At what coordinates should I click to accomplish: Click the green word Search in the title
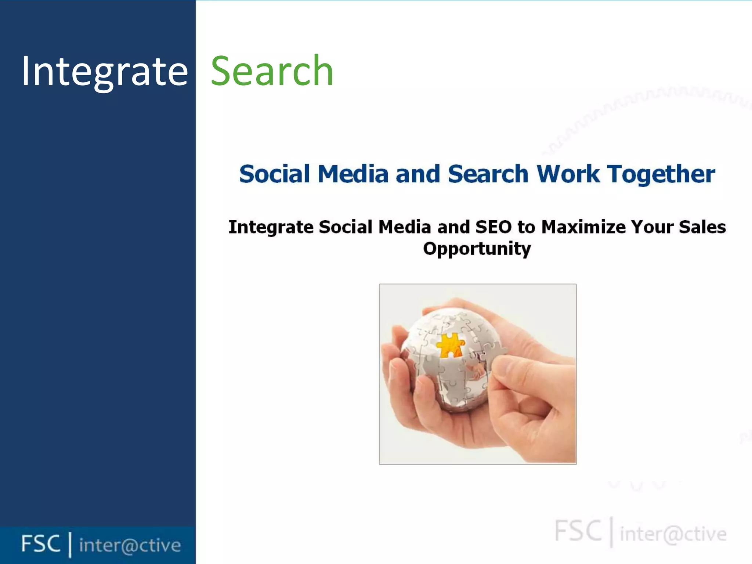tap(272, 71)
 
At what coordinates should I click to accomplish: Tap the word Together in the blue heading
tap(661, 174)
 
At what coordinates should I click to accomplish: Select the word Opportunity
tap(477, 249)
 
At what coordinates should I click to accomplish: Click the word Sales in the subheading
tap(702, 227)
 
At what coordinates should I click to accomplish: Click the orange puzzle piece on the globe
tap(450, 346)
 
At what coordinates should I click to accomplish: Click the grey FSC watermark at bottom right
tap(578, 531)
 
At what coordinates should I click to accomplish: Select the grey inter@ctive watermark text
tap(673, 534)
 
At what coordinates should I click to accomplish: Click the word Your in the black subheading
tap(652, 227)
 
